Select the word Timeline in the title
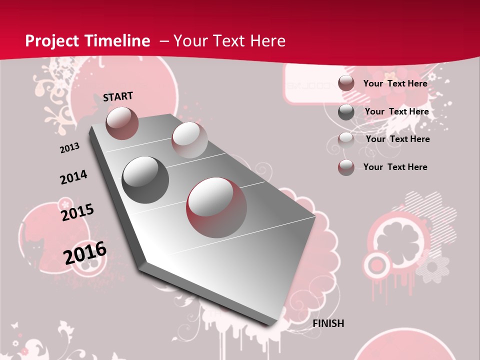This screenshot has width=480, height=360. [x=119, y=41]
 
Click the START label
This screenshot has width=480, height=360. [x=118, y=96]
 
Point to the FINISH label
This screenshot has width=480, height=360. [x=328, y=323]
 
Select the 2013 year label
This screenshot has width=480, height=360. [x=69, y=148]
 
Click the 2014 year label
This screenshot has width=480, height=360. [x=73, y=177]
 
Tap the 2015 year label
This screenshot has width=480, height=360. [x=77, y=212]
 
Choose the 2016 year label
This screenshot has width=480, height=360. [x=85, y=252]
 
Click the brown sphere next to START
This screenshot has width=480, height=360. [x=122, y=123]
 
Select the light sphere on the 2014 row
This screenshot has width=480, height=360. [x=189, y=140]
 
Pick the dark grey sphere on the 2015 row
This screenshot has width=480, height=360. [x=145, y=179]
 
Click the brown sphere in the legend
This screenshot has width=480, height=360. [x=346, y=83]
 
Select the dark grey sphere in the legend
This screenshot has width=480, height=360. [x=346, y=112]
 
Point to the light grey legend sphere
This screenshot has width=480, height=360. [x=346, y=139]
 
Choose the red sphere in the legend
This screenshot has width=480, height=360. [x=346, y=167]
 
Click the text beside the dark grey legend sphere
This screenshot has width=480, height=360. [x=396, y=111]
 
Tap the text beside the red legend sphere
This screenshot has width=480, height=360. [x=395, y=167]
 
